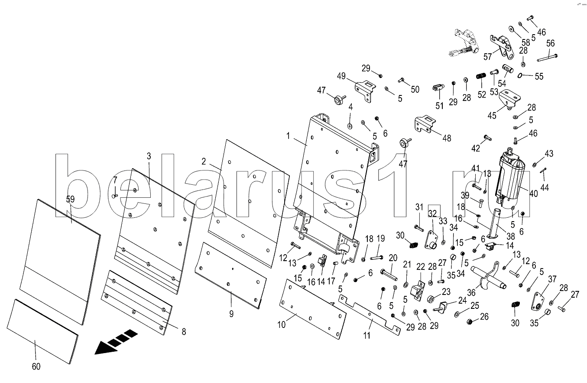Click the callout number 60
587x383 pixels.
[36, 367]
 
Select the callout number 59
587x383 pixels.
[70, 200]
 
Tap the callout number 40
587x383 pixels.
[533, 194]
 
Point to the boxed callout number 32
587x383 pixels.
[432, 213]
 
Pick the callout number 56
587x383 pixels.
[550, 43]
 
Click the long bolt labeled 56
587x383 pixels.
[547, 56]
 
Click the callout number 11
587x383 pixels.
[367, 335]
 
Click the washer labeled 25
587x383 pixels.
[458, 314]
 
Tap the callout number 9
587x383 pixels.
[231, 314]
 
